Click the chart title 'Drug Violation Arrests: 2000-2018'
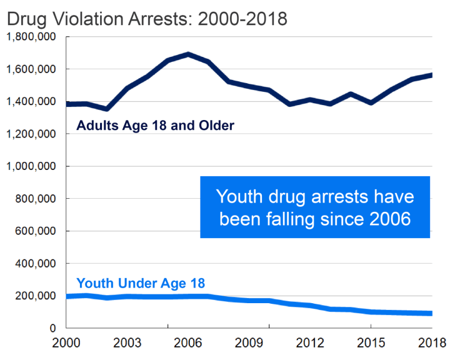pos(147,19)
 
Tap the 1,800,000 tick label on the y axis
pos(31,37)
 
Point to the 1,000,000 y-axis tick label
pos(31,167)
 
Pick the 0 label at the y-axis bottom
pos(53,329)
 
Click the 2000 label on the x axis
pos(67,344)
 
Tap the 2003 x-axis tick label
pos(127,344)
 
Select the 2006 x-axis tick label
pos(188,344)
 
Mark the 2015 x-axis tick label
pos(371,344)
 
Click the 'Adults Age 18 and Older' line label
pos(155,126)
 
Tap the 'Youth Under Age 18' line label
pos(141,283)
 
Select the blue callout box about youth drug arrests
pos(315,207)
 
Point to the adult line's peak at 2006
pos(188,54)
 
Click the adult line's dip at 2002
pos(107,109)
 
